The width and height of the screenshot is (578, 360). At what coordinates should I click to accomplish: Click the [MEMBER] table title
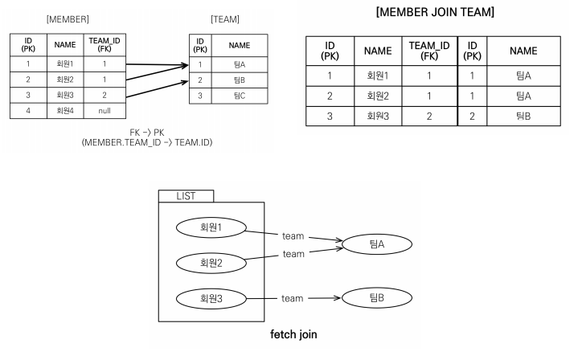[68, 18]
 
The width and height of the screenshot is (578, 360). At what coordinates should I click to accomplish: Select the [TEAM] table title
[225, 18]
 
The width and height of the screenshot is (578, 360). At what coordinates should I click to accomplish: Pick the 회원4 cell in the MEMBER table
[65, 110]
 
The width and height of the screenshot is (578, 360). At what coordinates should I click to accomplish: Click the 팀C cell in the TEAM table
[239, 96]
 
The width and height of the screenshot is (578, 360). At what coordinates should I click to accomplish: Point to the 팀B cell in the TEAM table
[239, 80]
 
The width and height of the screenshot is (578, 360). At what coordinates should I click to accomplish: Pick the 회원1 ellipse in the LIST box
[210, 227]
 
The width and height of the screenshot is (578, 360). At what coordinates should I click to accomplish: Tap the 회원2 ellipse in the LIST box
[210, 262]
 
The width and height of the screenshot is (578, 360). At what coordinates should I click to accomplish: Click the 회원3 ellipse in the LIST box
[210, 298]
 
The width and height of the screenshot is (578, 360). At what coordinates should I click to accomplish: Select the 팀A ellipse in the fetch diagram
[378, 243]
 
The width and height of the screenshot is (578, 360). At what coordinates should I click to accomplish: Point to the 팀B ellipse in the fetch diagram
[378, 298]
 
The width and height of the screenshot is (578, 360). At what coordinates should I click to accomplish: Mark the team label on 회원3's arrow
[293, 298]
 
